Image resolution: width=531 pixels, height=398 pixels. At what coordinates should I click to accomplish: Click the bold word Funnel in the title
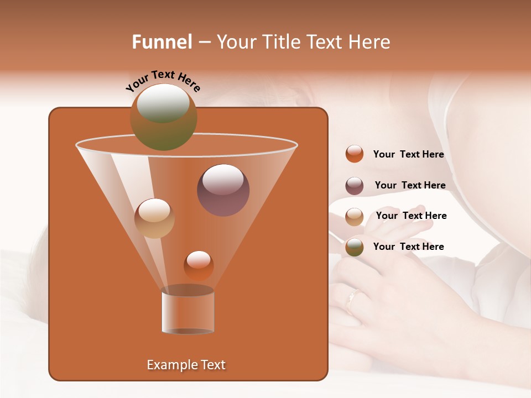coord(162,42)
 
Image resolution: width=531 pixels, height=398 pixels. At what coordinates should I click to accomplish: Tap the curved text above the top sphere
coord(163,81)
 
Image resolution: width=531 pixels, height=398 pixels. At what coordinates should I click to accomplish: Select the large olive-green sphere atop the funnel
coord(164,117)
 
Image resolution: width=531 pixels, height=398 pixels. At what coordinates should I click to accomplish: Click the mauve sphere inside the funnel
coord(223,190)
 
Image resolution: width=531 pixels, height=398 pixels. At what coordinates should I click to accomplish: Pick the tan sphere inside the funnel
coord(154,218)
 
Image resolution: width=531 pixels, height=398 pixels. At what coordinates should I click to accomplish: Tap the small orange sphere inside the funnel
coord(199,265)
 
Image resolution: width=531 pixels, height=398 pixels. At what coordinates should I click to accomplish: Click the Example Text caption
coord(186,365)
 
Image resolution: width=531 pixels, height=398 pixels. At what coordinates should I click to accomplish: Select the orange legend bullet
coord(355,154)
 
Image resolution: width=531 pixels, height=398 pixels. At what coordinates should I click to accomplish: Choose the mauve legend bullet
coord(355,185)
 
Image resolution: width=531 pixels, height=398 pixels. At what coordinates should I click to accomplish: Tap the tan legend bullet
coord(355,216)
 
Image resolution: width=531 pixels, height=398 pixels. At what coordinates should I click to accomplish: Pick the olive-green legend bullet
coord(355,247)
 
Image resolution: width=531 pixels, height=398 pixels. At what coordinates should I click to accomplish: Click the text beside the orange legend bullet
coord(408,155)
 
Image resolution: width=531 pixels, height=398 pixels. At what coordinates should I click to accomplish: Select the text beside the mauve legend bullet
coord(410,185)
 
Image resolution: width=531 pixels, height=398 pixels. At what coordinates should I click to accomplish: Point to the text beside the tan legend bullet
coord(411,216)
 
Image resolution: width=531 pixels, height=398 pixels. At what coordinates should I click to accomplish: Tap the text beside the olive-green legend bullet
coord(408,247)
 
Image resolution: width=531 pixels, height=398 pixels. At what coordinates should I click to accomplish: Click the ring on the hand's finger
coord(351,300)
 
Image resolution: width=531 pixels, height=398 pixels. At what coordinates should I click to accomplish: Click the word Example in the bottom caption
coord(170,365)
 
